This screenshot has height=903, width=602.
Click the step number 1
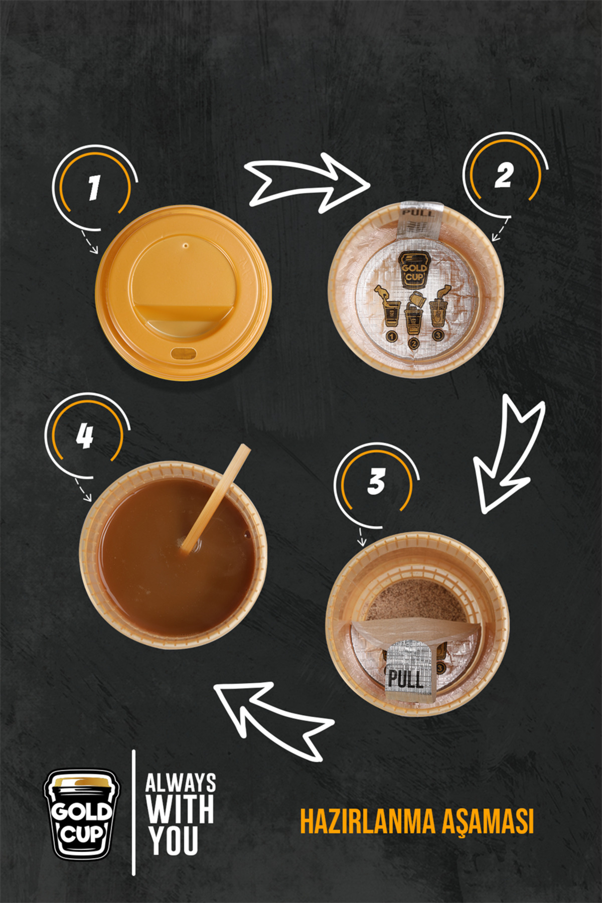94,188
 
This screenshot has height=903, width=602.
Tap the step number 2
504,176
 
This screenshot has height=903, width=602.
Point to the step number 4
85,435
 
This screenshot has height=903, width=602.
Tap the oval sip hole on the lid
184,353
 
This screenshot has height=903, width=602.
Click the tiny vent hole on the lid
186,246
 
